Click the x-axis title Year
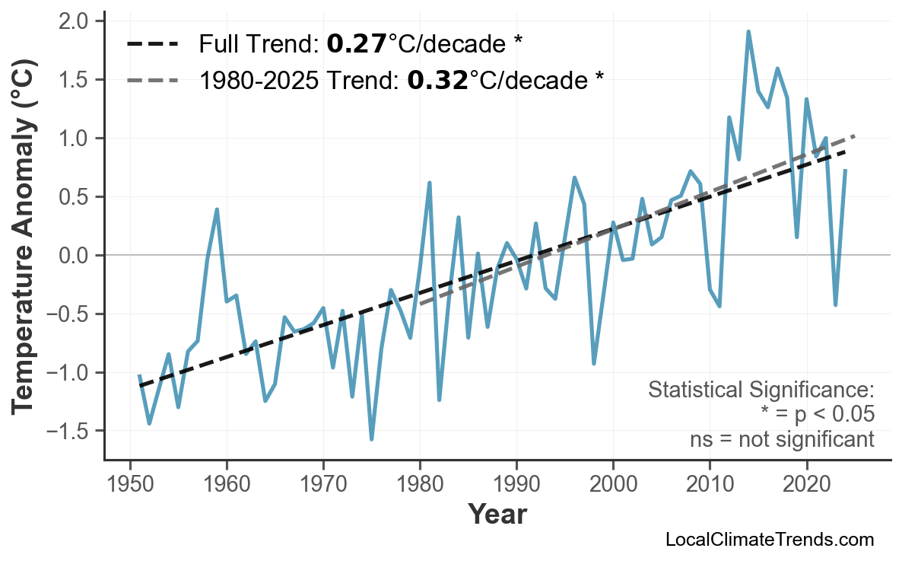(497, 515)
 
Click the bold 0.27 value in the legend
(356, 44)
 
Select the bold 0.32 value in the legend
(437, 80)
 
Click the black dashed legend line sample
(152, 44)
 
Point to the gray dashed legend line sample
(152, 80)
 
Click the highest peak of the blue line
(748, 32)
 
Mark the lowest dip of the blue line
(371, 439)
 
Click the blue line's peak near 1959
(217, 209)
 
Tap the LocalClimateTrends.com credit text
(769, 540)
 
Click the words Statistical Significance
(761, 390)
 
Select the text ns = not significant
(781, 439)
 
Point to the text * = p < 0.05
(817, 415)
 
